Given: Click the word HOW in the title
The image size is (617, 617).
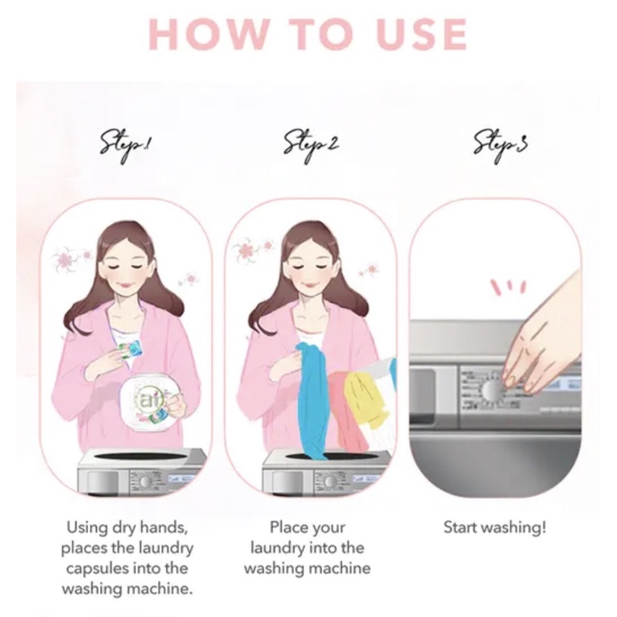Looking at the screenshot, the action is coord(201,33).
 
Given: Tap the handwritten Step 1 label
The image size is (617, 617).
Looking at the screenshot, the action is coord(126,148).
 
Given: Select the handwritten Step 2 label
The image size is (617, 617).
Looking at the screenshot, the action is coord(311,148).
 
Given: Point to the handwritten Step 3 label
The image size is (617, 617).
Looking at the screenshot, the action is coord(500,148).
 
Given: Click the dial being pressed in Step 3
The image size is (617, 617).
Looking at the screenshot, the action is coord(491,390).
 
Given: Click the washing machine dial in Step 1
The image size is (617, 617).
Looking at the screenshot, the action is coord(145,482).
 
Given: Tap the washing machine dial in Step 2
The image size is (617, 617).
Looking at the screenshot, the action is coord(330,482).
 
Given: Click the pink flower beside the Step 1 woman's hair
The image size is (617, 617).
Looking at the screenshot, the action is coord(65,260).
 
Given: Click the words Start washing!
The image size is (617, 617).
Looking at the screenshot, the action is coord(495,527).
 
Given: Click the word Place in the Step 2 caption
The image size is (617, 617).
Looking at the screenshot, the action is coord(287,527).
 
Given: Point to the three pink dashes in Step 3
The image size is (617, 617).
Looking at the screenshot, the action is coord(509,286).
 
